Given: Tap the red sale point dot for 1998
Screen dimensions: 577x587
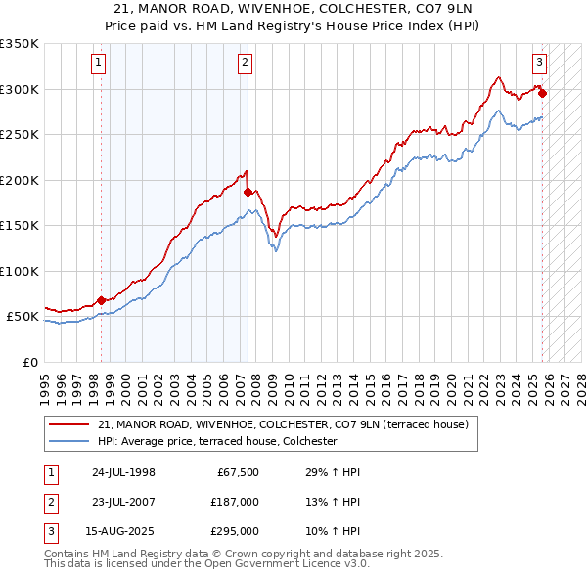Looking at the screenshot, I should coord(102,300).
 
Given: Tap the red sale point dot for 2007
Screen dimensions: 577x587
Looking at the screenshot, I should coord(248,193).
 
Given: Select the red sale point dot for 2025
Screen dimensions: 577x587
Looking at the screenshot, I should coord(542,94).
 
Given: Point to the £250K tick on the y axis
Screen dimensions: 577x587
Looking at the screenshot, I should coord(20,135).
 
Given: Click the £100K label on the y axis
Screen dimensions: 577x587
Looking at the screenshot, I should coord(20,271).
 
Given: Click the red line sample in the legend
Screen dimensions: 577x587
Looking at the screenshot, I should coord(68,425).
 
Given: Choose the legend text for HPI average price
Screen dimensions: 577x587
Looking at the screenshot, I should coord(216,441).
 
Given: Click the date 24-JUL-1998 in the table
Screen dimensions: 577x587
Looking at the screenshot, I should coord(123,472).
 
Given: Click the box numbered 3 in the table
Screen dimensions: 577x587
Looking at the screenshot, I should coord(48,531).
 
